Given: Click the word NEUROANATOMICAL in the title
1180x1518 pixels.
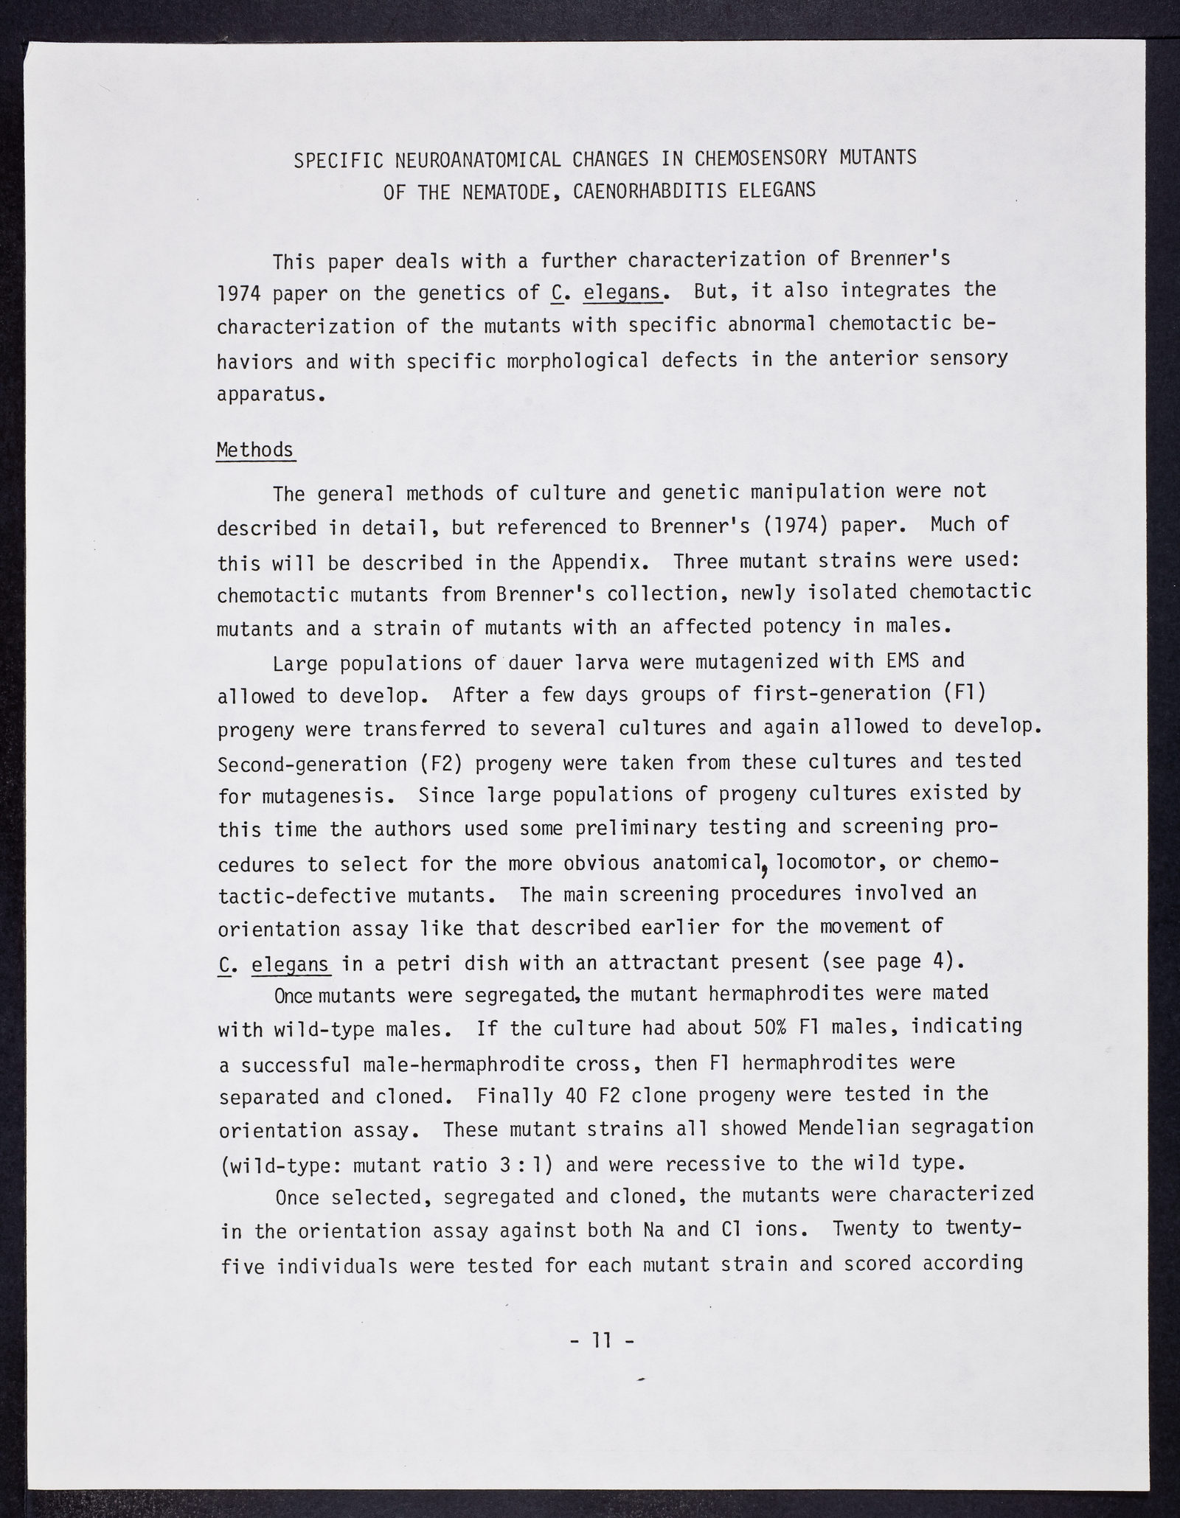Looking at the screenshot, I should tap(479, 159).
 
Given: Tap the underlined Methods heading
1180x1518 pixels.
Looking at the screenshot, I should tap(255, 450).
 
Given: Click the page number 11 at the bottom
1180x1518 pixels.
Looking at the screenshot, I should tap(602, 1340).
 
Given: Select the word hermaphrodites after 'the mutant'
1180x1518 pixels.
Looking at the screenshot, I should tap(771, 995).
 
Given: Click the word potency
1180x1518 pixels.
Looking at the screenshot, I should tap(808, 627).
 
